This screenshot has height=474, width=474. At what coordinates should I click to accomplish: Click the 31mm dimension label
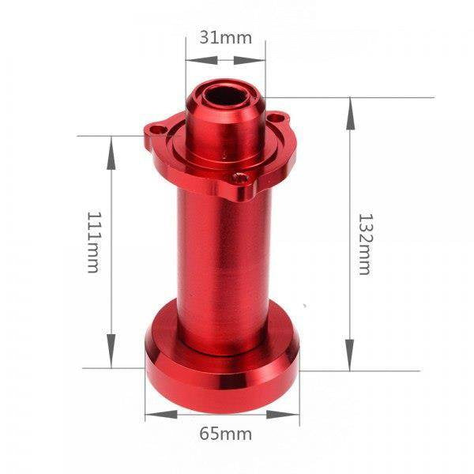point(225,38)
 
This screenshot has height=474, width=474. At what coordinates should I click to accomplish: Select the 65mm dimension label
point(225,434)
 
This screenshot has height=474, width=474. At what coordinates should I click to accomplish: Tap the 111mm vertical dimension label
point(93,243)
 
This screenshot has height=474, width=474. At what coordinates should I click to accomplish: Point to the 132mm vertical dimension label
point(366,244)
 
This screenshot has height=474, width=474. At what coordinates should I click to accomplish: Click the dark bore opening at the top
point(227,96)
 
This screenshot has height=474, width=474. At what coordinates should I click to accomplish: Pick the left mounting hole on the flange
point(157,130)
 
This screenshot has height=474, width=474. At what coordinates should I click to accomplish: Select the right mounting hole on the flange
point(277,117)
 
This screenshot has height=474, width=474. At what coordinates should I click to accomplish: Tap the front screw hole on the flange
point(241,178)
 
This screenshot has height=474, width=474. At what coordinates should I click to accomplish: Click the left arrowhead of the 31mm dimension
point(201,60)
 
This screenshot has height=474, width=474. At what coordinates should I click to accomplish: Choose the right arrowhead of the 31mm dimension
point(250,60)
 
